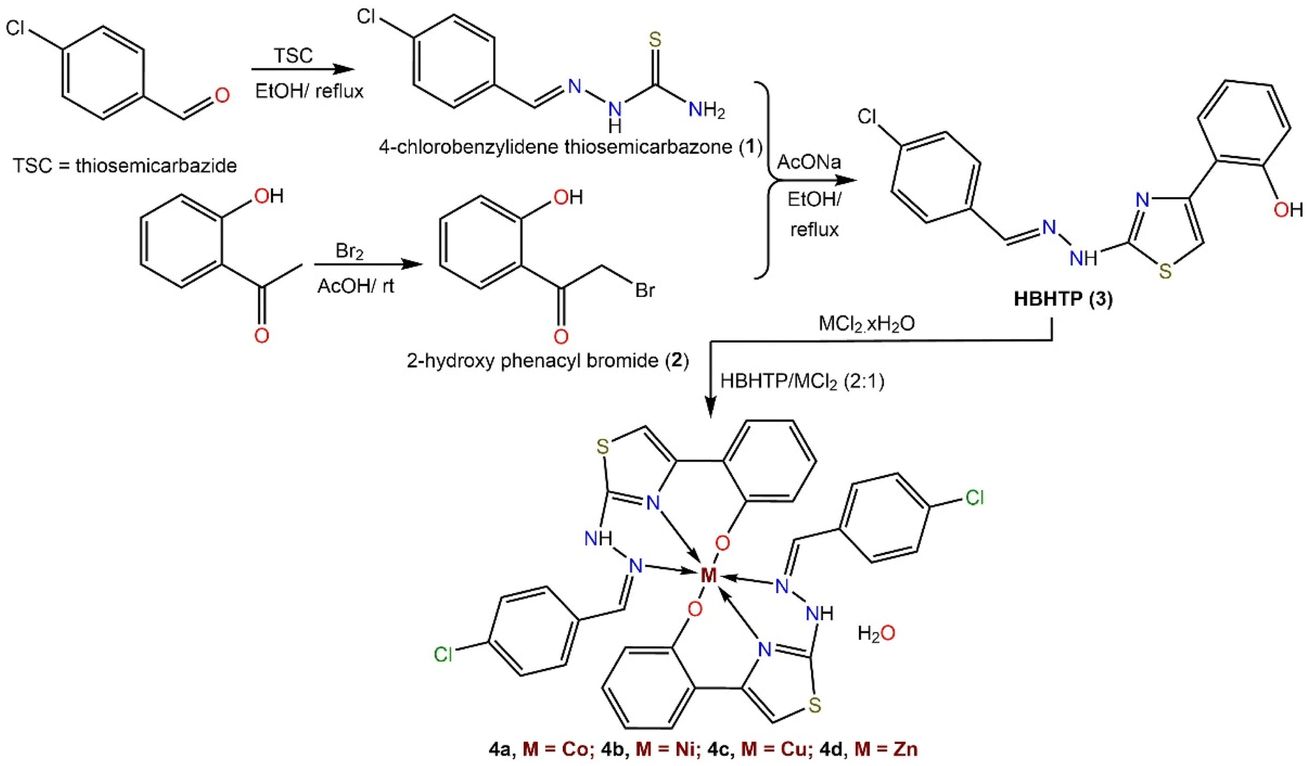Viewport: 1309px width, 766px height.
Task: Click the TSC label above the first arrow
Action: click(x=293, y=55)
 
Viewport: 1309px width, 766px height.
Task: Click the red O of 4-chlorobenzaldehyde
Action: click(x=222, y=95)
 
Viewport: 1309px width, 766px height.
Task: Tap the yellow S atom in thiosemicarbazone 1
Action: click(x=654, y=40)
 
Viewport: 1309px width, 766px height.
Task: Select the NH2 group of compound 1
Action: click(x=706, y=111)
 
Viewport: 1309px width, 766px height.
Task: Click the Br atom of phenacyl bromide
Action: click(x=645, y=290)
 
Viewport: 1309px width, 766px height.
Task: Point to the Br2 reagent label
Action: click(x=349, y=252)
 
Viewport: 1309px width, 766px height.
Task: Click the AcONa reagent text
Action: click(x=809, y=163)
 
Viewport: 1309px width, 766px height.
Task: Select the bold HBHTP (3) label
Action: click(x=1063, y=299)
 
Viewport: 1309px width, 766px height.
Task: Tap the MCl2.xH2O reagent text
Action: click(x=867, y=324)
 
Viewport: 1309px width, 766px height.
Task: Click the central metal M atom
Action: click(x=708, y=575)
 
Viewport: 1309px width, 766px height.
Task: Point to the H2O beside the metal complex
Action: click(x=876, y=633)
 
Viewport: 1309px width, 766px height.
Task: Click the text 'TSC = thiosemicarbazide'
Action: click(x=125, y=165)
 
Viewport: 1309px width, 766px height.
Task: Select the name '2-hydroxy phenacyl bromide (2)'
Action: click(x=547, y=360)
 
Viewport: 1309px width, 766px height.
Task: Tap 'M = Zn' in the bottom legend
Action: click(x=886, y=749)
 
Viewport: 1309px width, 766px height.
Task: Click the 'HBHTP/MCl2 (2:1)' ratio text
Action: click(x=802, y=381)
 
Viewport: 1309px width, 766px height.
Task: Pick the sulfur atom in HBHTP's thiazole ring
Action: click(x=1165, y=272)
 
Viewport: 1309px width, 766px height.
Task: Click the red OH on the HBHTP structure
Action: click(x=1288, y=210)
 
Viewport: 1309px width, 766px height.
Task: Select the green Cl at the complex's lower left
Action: click(x=443, y=654)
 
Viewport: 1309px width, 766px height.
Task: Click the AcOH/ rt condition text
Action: click(x=355, y=286)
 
